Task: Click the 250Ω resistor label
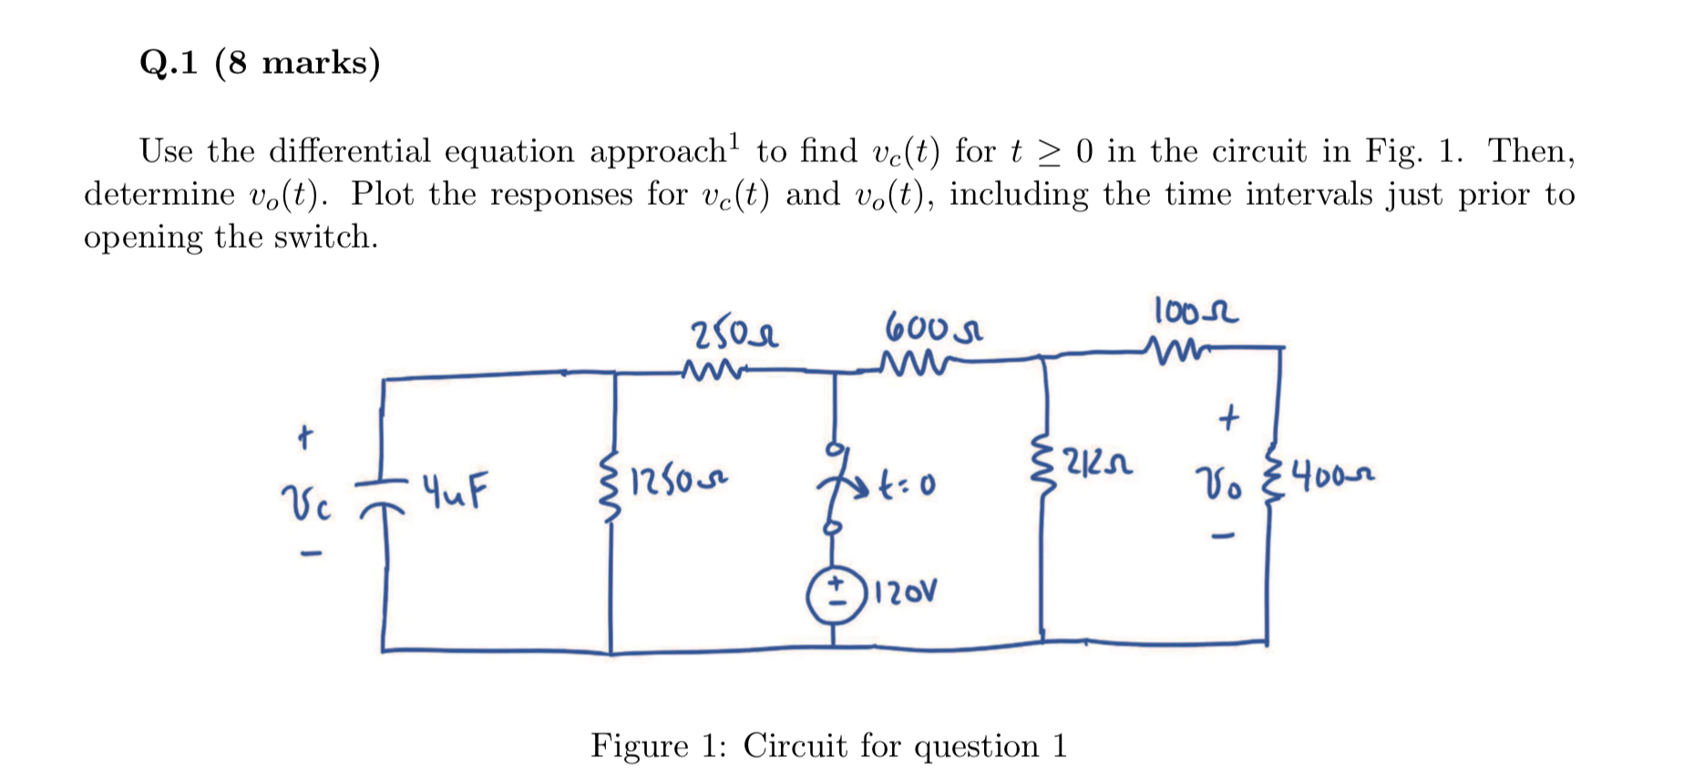click(734, 334)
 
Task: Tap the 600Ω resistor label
click(932, 327)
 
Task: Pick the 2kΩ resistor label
click(1098, 466)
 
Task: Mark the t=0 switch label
click(907, 486)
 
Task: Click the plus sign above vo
click(1228, 418)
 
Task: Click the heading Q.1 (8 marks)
click(260, 63)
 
